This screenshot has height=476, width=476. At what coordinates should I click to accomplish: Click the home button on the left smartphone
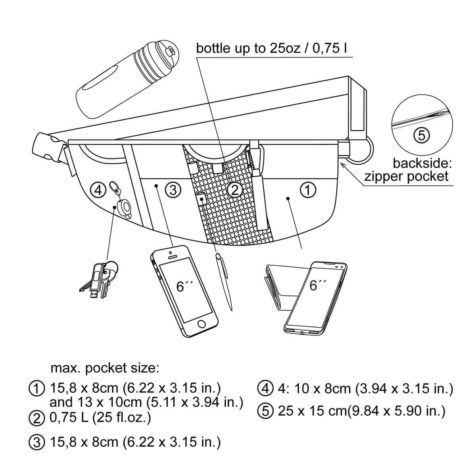[x=202, y=324]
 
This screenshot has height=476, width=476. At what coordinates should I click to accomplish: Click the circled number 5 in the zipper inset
[x=422, y=136]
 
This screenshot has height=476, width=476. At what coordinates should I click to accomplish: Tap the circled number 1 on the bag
[x=308, y=190]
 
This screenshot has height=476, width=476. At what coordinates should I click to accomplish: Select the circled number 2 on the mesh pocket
[x=235, y=190]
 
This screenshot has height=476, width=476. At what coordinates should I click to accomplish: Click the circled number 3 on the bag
[x=173, y=190]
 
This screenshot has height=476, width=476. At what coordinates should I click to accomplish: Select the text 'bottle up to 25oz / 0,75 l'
[x=272, y=48]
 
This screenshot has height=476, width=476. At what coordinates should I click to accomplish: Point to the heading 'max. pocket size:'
[x=105, y=368]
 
